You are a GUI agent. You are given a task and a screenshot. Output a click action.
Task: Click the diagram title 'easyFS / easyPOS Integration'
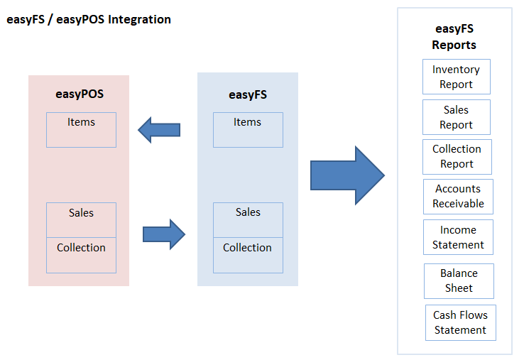tap(89, 19)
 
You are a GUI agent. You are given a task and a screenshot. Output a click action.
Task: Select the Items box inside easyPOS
tap(81, 130)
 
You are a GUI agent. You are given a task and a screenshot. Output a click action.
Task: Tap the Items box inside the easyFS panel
tap(248, 130)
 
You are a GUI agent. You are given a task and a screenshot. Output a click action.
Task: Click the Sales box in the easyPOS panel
tap(81, 220)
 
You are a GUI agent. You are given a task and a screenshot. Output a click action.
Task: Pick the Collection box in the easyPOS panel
tap(81, 255)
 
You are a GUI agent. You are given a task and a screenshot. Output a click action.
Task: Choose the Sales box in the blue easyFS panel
tap(248, 220)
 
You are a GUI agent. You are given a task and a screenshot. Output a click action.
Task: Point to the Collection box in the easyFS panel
tap(248, 255)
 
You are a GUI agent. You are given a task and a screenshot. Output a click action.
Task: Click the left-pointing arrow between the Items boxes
tap(159, 130)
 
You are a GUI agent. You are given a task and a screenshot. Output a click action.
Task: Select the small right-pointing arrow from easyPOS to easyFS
tap(164, 234)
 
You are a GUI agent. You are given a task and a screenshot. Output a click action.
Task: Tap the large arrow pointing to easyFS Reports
tap(347, 175)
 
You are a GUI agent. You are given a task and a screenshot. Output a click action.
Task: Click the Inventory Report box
tap(457, 77)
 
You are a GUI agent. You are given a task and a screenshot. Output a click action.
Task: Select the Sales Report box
tap(457, 117)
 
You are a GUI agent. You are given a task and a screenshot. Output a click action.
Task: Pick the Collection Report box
tap(457, 157)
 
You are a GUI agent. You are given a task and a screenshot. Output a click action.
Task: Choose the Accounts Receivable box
tap(458, 197)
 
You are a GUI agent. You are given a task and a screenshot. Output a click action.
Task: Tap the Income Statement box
tap(458, 237)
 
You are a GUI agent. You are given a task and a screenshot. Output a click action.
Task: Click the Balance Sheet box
tap(459, 281)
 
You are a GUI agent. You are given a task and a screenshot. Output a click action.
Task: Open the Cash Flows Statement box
tap(461, 322)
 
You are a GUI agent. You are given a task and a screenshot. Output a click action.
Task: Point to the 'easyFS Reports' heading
tap(454, 37)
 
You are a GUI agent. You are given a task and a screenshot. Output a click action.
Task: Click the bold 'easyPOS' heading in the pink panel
tap(80, 94)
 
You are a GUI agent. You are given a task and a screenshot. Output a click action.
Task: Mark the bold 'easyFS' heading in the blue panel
tap(248, 94)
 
